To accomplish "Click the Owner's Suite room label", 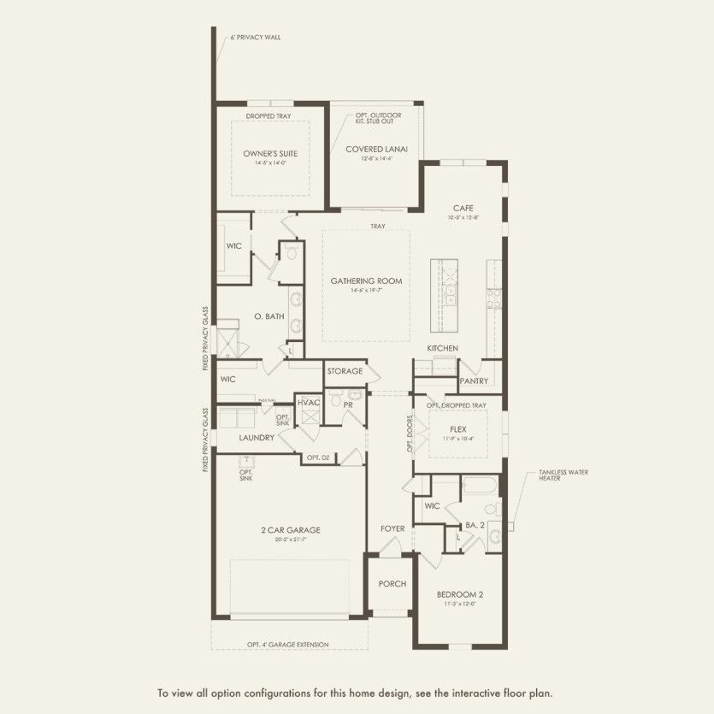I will [x=270, y=154].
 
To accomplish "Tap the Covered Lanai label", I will [x=376, y=149].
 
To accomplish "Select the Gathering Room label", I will [x=366, y=281].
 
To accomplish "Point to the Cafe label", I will [x=463, y=209].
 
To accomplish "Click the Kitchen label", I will [x=443, y=348].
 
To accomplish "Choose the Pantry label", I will [x=473, y=381].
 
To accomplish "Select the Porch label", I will [x=392, y=584].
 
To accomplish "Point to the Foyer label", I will [x=392, y=529].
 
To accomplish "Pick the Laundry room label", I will [x=257, y=438].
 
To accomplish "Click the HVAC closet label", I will [x=307, y=403].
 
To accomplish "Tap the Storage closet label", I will [x=345, y=372].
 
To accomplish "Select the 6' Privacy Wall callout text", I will [x=255, y=38].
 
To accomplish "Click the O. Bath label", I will [x=268, y=317].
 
